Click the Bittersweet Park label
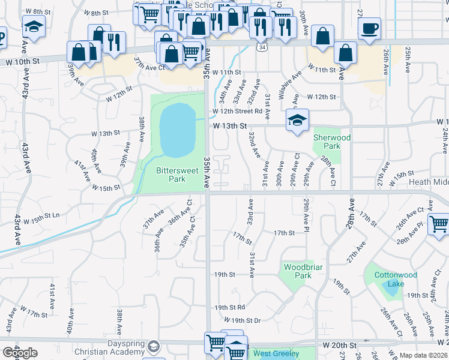tap(177, 175)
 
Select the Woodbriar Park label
tap(298, 271)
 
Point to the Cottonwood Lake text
tap(396, 279)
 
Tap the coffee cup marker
tap(369, 28)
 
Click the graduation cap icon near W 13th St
tap(297, 120)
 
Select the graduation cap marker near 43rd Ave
tap(34, 26)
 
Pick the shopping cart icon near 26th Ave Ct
tap(439, 224)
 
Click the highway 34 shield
tap(262, 46)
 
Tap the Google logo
tap(20, 353)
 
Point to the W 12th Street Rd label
tap(237, 111)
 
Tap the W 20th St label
tap(339, 346)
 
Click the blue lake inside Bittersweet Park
tap(178, 128)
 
